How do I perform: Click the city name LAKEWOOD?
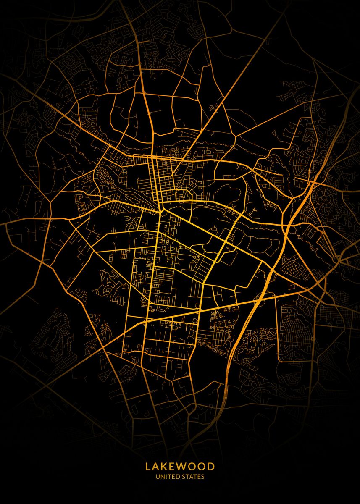click(x=180, y=466)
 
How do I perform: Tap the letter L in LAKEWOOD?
click(x=148, y=466)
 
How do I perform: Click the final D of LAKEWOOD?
click(x=211, y=466)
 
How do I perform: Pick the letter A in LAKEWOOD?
click(x=157, y=466)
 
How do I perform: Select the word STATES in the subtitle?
click(x=194, y=477)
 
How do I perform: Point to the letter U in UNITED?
click(x=158, y=477)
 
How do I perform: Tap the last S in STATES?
click(x=203, y=477)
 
